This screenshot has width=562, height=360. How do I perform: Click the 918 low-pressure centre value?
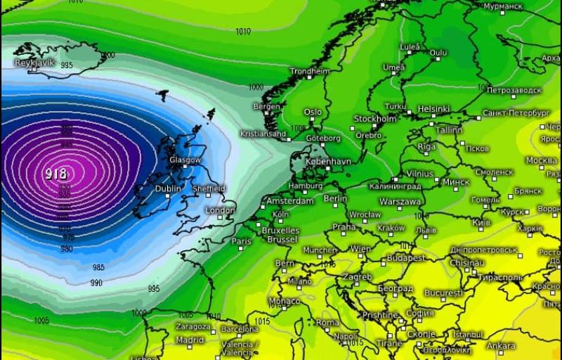[x=57, y=172]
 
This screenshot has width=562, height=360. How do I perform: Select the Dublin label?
[x=168, y=188]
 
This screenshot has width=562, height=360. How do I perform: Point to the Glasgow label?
[x=185, y=160]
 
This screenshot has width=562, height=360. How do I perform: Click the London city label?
[x=221, y=210]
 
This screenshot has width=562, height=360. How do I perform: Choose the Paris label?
[x=242, y=241]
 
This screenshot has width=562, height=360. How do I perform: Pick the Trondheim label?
[x=310, y=71]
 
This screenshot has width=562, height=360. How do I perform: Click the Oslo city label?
[x=313, y=112]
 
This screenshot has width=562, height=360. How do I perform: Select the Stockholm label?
[x=375, y=119]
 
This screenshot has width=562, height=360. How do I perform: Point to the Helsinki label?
[x=433, y=109]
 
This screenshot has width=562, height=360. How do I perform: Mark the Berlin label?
[x=336, y=199]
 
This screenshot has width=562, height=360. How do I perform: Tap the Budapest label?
[x=406, y=258]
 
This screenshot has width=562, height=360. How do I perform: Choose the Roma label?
[x=327, y=322]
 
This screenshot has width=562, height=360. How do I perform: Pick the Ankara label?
[x=501, y=346]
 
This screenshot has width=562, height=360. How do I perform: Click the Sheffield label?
[x=209, y=188]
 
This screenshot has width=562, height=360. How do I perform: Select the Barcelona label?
[x=240, y=329]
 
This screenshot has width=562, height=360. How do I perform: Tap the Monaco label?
[x=285, y=301]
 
